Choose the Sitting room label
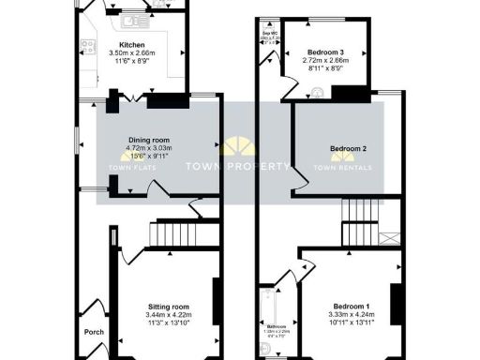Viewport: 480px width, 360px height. point(169,307)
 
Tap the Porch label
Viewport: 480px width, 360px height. point(95,331)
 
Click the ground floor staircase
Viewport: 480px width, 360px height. point(171,232)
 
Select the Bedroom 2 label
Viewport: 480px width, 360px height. point(347,149)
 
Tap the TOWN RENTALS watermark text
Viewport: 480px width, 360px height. point(342,168)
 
